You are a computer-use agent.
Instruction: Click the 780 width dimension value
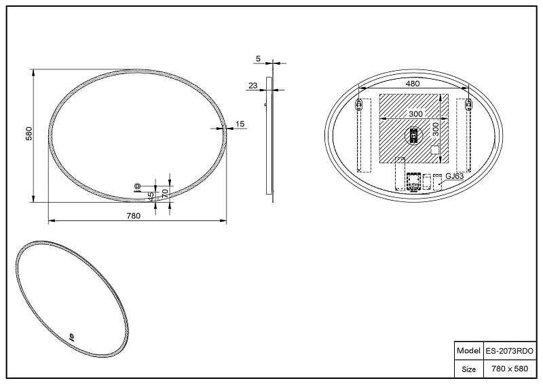134,216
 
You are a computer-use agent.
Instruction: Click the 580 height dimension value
29,133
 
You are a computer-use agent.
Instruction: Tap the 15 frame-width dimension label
240,124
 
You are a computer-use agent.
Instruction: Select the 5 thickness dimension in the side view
258,58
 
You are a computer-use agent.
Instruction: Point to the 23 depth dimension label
253,86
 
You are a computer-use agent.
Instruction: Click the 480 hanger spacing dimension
413,84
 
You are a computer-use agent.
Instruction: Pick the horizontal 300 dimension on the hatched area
415,114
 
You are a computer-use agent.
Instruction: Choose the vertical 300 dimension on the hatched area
436,129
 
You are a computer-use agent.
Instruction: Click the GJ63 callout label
454,176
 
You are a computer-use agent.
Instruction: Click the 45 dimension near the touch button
151,195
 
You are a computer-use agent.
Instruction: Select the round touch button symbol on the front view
137,186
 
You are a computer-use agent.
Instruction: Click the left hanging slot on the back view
359,104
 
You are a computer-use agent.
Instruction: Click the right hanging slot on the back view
468,104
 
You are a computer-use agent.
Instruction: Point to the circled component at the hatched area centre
414,135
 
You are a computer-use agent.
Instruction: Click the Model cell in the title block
468,350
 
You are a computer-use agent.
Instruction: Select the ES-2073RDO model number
510,351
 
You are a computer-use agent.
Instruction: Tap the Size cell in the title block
468,369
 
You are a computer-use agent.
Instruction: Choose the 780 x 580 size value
510,369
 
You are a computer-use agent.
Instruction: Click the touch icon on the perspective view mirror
72,336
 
